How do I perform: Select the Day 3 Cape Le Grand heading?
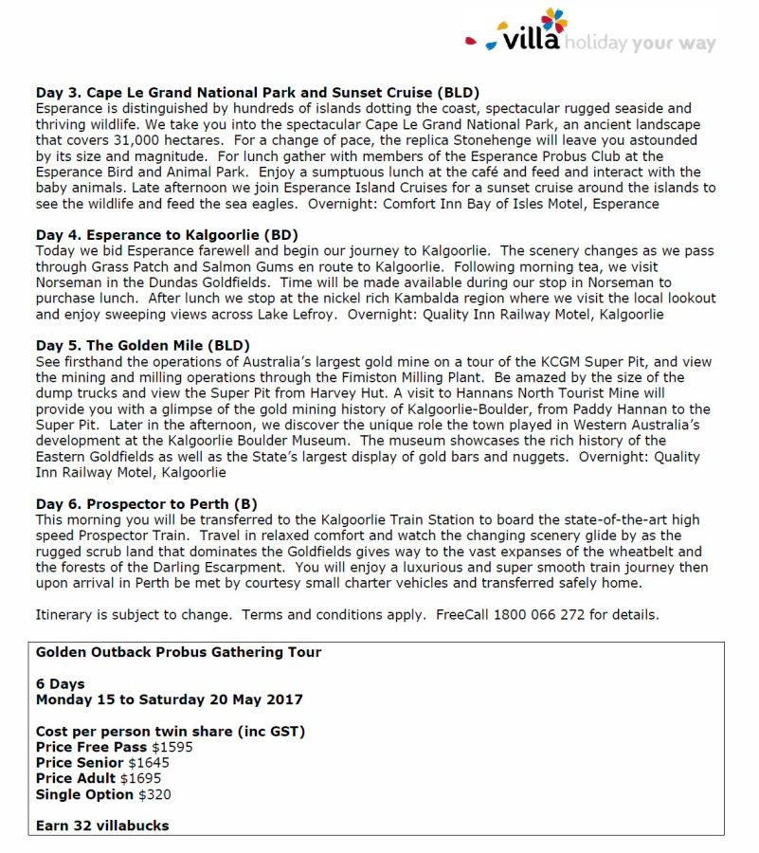coord(258,93)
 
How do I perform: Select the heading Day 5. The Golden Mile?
coord(143,346)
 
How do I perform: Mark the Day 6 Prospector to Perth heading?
coord(147,504)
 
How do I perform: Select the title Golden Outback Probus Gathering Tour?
coord(178,652)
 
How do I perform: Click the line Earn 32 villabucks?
coord(102,826)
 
